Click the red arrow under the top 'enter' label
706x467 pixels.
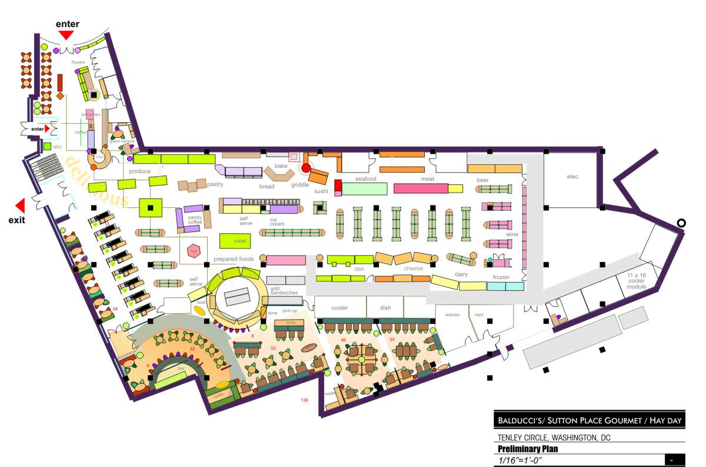click(x=66, y=35)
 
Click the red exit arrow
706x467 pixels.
click(x=20, y=206)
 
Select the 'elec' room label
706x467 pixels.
click(x=572, y=176)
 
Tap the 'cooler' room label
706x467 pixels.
click(x=339, y=307)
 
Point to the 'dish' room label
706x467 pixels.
click(x=385, y=307)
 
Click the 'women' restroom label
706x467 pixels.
click(x=452, y=314)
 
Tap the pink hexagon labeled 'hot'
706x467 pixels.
click(x=192, y=251)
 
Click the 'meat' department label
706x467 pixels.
click(x=427, y=179)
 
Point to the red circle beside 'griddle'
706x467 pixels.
click(x=306, y=168)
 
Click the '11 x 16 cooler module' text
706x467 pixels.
click(x=636, y=281)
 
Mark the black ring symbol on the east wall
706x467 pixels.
click(x=681, y=223)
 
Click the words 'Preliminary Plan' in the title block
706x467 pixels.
click(x=527, y=449)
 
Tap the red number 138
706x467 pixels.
click(x=304, y=400)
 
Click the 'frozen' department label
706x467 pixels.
click(x=501, y=277)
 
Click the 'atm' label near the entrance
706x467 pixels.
click(x=57, y=146)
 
